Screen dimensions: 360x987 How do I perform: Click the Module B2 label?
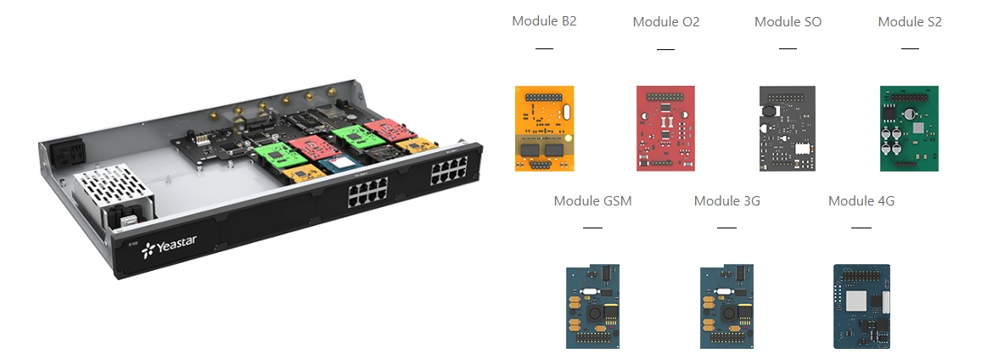[544, 21]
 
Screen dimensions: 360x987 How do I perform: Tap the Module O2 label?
[666, 22]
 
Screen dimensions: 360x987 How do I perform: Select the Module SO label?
[788, 22]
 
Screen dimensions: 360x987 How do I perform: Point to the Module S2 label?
[910, 22]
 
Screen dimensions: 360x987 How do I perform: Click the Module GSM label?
[592, 201]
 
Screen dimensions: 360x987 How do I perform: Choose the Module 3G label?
[726, 201]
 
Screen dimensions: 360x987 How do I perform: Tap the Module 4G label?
[861, 201]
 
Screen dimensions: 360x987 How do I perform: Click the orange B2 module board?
[545, 128]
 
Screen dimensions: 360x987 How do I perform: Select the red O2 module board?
[666, 128]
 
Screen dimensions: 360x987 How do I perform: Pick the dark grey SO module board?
[788, 128]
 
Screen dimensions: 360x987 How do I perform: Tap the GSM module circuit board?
[593, 307]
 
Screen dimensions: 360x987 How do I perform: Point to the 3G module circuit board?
[727, 307]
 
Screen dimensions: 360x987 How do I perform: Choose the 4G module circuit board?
[862, 307]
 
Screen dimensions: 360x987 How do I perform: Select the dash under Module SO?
[788, 48]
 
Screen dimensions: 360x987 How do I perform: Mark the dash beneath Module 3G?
[726, 228]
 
